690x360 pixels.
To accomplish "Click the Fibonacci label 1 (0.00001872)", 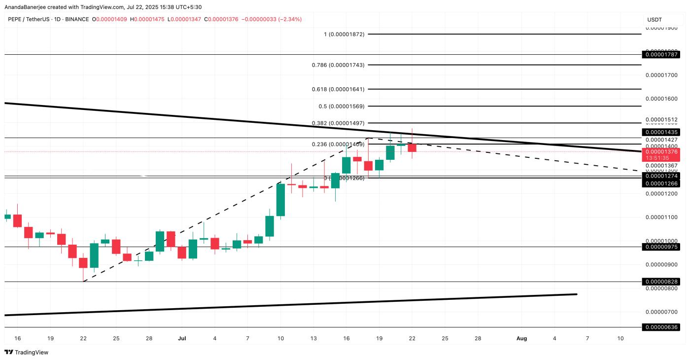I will point(344,34).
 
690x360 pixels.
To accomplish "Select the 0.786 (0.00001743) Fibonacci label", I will point(338,65).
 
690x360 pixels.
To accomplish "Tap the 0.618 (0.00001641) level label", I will point(338,89).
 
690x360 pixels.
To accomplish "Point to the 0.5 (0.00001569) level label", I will point(341,107).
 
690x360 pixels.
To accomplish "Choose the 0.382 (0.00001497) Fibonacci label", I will point(338,123).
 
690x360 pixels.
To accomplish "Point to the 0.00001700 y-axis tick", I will point(661,75).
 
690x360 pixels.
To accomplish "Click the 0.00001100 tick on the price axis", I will point(661,217).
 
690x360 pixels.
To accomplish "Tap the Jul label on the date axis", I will point(182,339).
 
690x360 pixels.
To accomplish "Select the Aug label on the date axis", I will point(521,339).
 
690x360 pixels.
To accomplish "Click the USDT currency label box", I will point(655,20).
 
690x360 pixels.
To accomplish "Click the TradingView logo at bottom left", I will point(27,352).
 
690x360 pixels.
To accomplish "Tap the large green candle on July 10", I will point(280,200).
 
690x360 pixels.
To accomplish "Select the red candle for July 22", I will point(412,147).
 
